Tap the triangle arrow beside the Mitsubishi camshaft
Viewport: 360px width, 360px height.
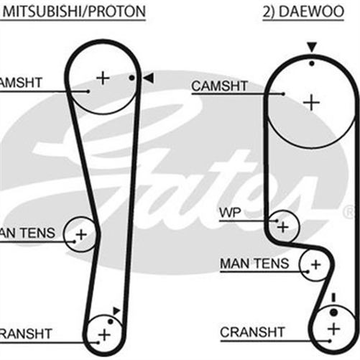coord(147,78)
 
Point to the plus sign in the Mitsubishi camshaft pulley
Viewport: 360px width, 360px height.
coord(102,77)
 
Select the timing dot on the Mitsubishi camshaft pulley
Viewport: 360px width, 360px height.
coord(132,78)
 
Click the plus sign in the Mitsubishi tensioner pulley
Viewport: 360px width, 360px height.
coord(80,233)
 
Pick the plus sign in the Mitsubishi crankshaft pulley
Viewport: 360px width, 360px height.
coord(105,334)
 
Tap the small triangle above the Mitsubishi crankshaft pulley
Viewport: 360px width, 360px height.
coord(116,310)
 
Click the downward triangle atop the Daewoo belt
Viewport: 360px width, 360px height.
coord(311,47)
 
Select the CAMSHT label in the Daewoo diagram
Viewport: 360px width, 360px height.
coord(218,86)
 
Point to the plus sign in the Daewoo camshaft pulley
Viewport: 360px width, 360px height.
coord(310,102)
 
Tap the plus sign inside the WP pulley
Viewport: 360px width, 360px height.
coord(283,227)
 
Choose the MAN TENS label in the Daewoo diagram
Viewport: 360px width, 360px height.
coord(254,264)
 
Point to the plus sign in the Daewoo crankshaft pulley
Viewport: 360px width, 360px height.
coord(333,328)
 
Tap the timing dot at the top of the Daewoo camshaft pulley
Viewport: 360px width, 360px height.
coord(311,63)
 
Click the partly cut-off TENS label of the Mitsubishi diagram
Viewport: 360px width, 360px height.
coord(25,234)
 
